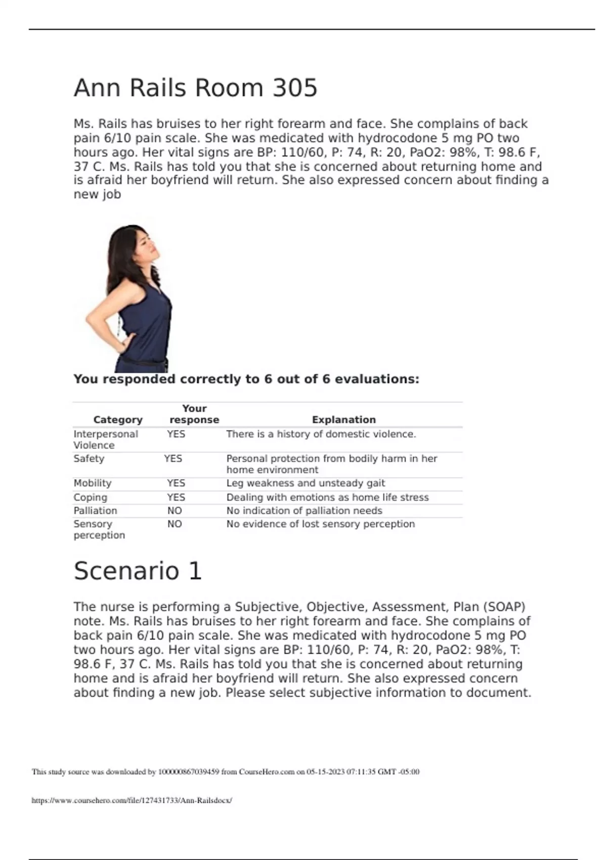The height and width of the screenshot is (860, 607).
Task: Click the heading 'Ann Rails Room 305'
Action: point(195,88)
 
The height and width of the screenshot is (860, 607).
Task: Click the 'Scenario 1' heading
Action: point(138,571)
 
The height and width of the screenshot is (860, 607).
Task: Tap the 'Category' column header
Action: point(118,420)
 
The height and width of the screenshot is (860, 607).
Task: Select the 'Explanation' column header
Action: point(343,420)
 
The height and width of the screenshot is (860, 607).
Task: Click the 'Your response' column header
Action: point(194,414)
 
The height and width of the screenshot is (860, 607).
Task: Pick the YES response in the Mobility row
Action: point(176,484)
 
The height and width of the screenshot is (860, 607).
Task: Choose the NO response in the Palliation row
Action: point(175,511)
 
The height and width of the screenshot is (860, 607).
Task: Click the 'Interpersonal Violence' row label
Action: point(105,440)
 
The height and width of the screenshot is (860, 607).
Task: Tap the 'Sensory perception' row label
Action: point(99,530)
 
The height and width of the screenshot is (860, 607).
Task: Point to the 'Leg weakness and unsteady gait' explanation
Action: point(306,484)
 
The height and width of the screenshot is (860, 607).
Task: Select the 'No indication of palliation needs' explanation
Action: point(304,511)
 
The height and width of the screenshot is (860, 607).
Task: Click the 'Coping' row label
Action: point(90,498)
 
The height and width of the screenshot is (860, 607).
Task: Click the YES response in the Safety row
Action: point(173,459)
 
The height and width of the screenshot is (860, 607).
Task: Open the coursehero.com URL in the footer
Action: point(132,800)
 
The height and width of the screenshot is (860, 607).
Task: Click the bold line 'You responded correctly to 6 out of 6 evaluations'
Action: point(246,379)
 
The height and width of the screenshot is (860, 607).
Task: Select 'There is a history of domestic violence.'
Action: point(321,435)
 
